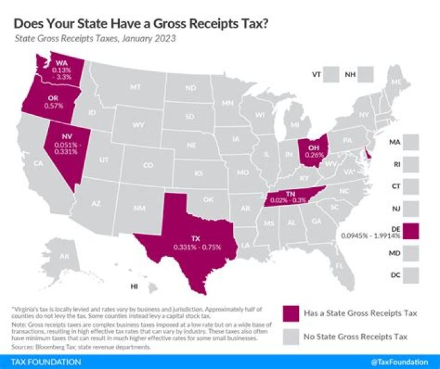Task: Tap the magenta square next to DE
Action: (411, 231)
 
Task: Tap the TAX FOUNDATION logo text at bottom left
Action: (42, 362)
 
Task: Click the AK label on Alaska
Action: (64, 256)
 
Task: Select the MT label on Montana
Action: (135, 88)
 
